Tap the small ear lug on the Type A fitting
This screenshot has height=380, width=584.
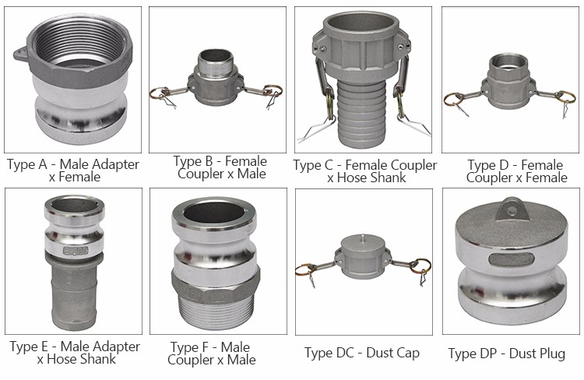[x=21, y=55]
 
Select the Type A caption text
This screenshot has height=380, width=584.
[x=73, y=171]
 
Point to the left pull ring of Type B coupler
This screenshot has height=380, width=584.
[x=160, y=93]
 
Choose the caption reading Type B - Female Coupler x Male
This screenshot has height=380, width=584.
[x=220, y=167]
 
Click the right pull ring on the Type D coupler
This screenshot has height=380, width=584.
[x=565, y=96]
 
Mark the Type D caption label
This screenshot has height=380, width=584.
[x=516, y=171]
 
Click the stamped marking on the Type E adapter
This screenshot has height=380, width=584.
[x=76, y=251]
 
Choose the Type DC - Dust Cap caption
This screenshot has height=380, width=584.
[x=362, y=353]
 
